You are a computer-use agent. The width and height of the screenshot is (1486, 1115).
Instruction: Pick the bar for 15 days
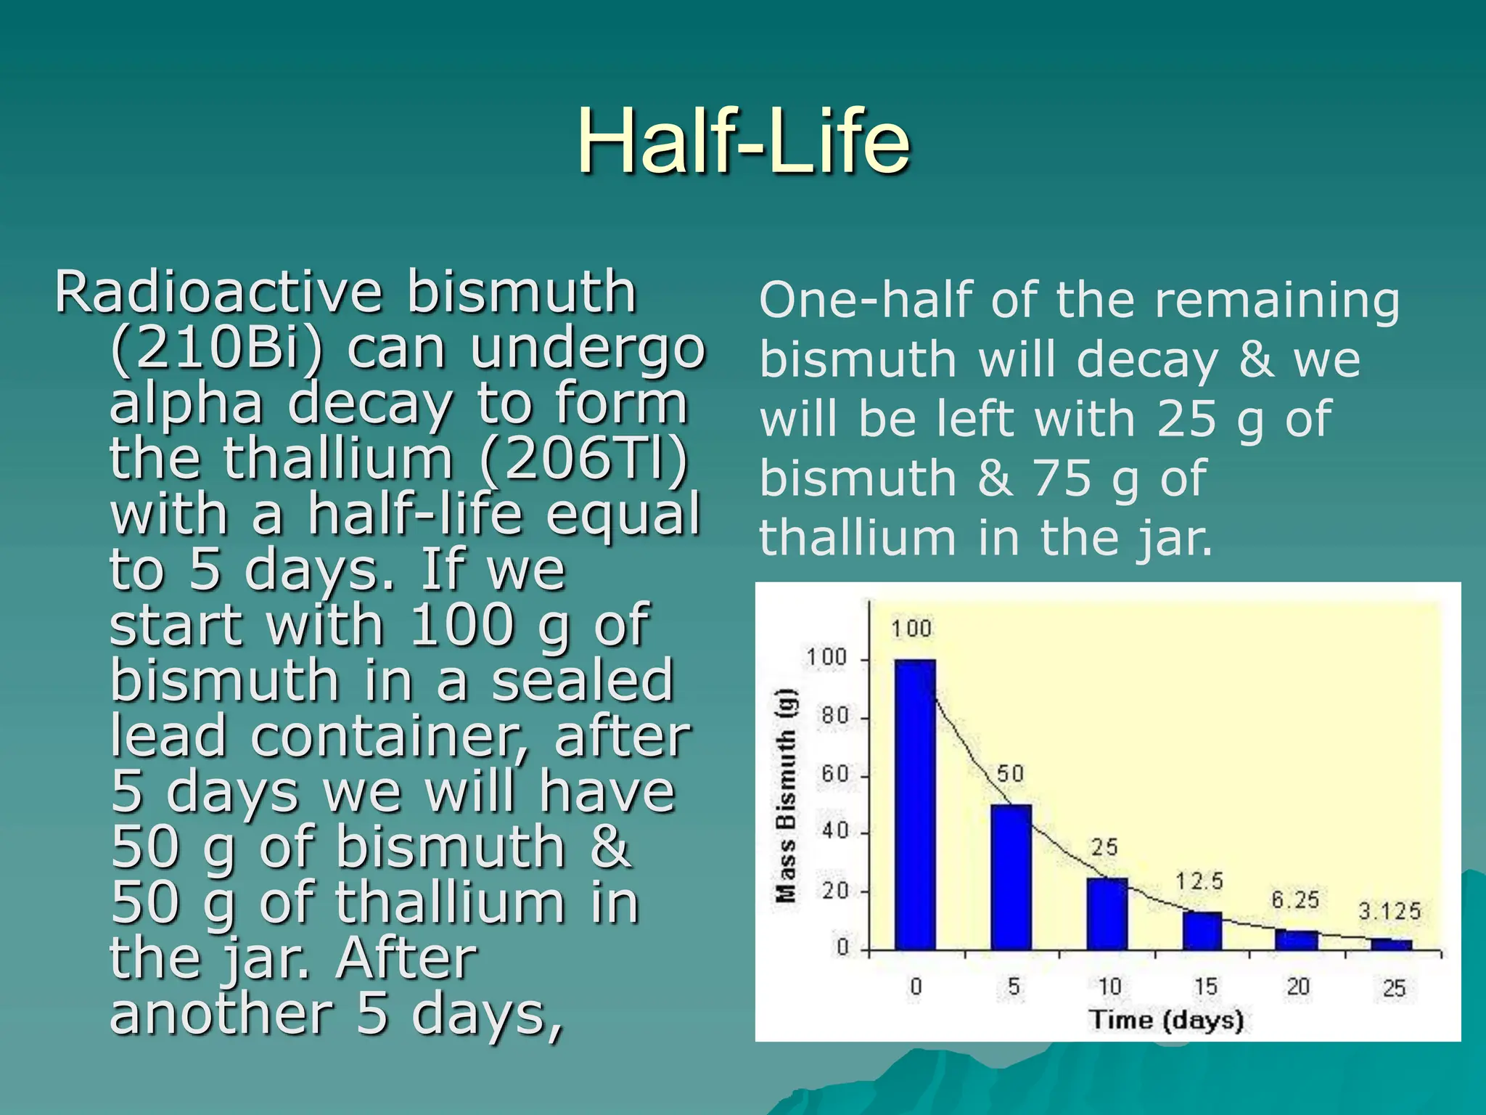click(x=1202, y=931)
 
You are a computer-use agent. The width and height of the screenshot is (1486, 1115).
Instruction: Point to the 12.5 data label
click(x=1199, y=881)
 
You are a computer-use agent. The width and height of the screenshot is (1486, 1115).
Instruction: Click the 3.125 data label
click(x=1389, y=911)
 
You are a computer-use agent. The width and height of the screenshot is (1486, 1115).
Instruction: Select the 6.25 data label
click(x=1295, y=900)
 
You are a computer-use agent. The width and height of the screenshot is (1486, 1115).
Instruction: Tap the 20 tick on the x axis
click(x=1298, y=987)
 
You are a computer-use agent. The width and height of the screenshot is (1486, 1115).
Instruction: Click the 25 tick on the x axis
click(x=1394, y=988)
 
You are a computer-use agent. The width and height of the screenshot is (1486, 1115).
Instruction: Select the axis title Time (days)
click(x=1166, y=1020)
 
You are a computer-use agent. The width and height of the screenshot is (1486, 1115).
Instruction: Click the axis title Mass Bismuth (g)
click(x=786, y=796)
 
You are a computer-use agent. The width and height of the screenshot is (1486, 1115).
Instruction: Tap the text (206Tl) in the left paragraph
click(x=583, y=459)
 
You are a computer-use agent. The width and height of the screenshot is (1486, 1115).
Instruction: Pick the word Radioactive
click(x=218, y=293)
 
